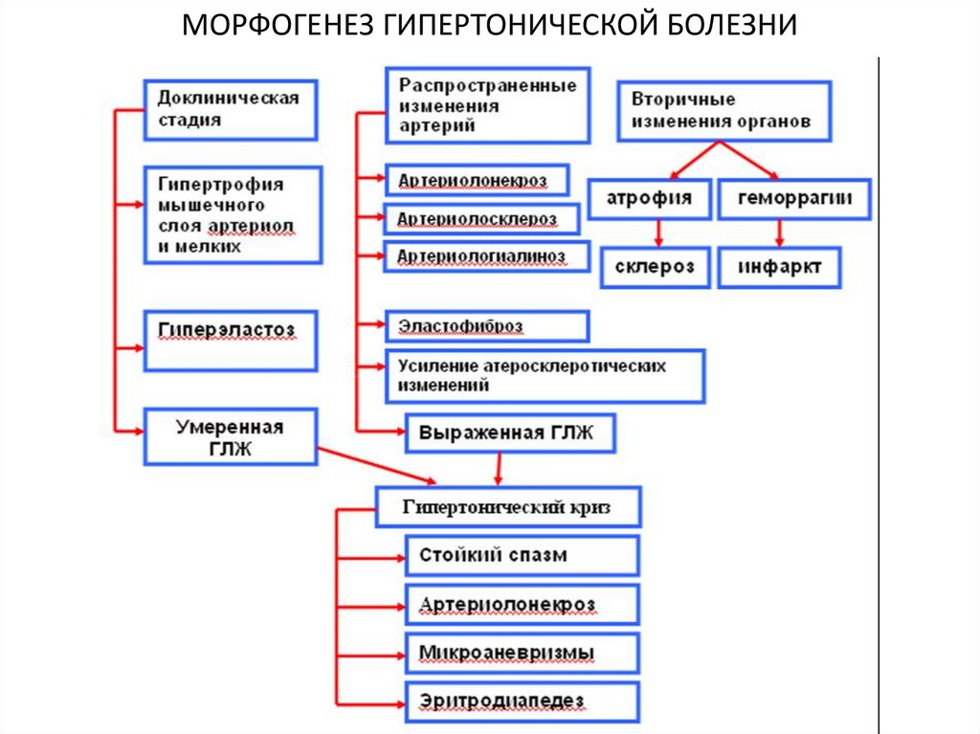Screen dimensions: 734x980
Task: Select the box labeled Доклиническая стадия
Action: pos(230,109)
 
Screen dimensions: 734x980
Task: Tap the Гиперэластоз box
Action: pos(230,339)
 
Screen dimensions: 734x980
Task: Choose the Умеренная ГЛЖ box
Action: pos(230,436)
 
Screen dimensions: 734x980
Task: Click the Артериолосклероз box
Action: pos(481,219)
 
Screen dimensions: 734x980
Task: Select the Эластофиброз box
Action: pos(486,326)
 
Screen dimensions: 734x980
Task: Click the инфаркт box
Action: pos(780,267)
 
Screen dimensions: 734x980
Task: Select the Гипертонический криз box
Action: pos(507,507)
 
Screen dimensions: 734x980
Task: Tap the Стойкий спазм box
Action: pos(522,555)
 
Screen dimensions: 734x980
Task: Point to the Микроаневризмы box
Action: pos(522,653)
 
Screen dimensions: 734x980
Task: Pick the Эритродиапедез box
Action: pos(522,701)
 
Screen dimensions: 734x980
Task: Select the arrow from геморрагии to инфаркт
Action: pos(780,234)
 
